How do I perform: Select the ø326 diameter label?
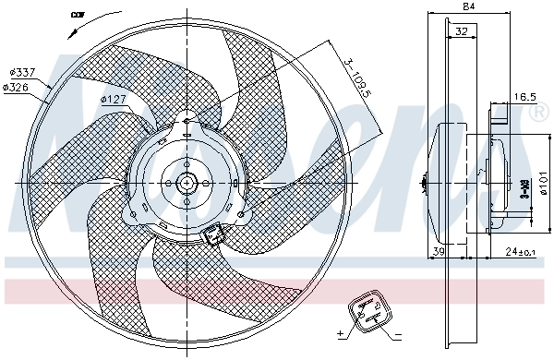click(17, 87)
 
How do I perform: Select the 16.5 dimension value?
click(524, 96)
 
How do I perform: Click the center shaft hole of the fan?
click(187, 182)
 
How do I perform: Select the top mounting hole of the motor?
click(187, 120)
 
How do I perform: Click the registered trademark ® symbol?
click(540, 112)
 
